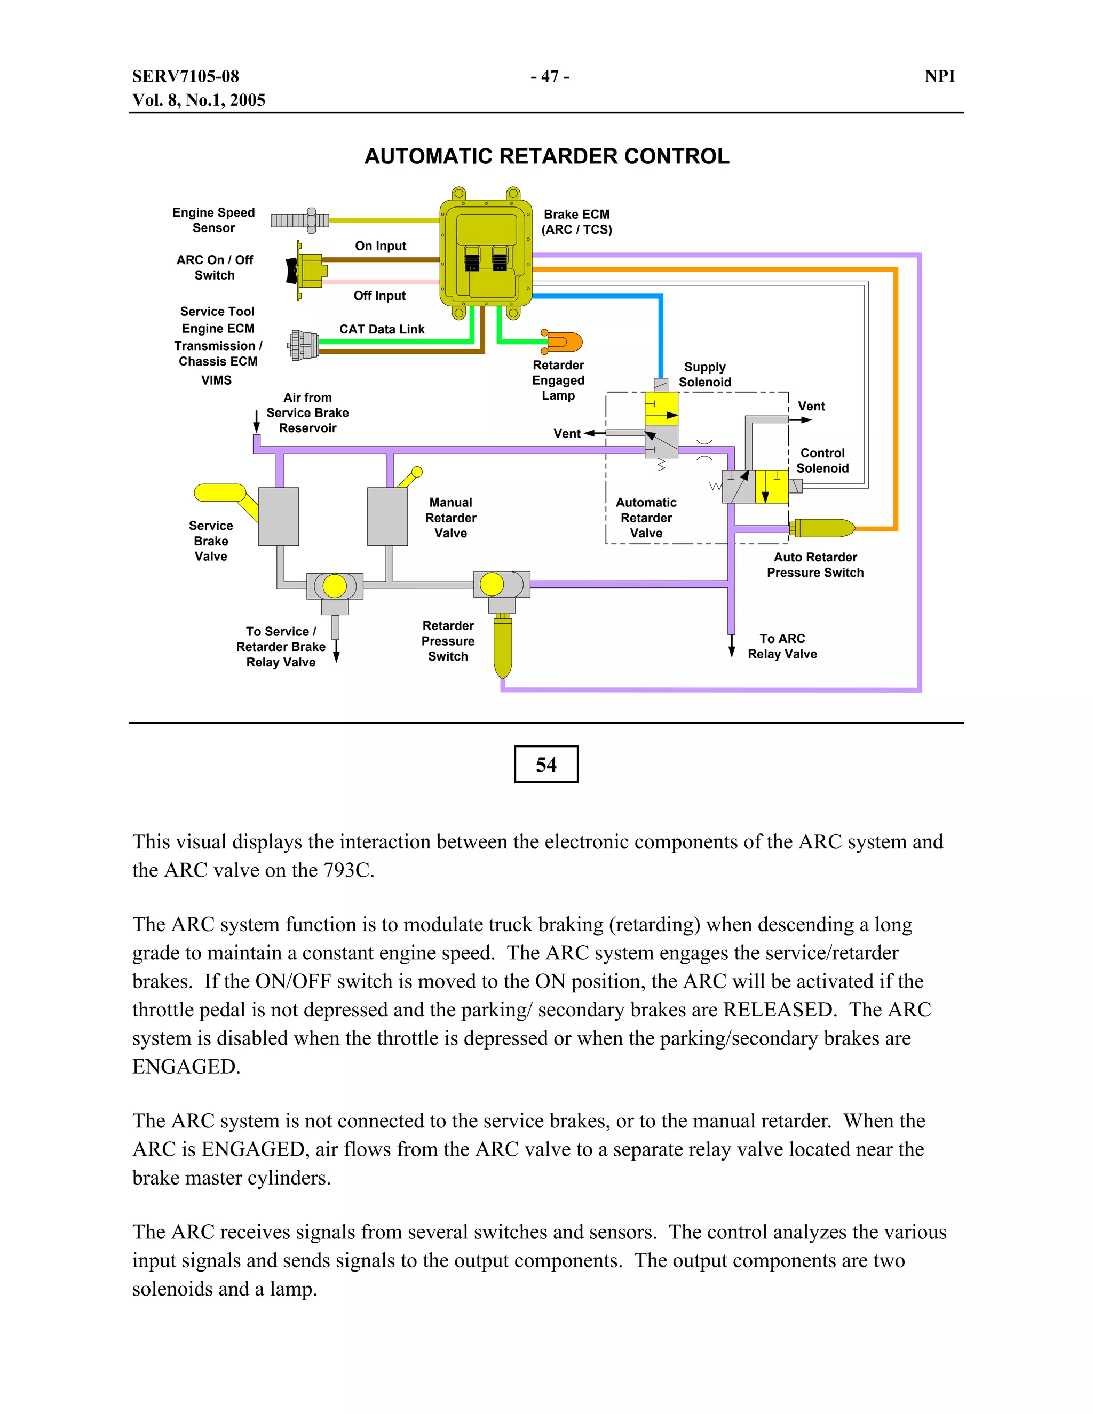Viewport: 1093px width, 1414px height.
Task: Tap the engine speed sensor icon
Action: point(299,220)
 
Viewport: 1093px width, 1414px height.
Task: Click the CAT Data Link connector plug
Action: point(303,345)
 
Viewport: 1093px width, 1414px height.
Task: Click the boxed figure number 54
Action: point(546,765)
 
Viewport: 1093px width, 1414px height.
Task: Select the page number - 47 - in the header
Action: point(549,76)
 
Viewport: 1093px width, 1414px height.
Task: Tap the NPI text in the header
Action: point(939,76)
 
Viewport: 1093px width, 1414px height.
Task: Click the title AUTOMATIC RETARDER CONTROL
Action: point(546,156)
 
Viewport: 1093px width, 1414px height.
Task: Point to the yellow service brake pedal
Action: point(220,494)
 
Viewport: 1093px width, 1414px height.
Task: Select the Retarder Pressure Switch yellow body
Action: point(502,647)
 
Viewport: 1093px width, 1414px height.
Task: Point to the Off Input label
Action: point(379,296)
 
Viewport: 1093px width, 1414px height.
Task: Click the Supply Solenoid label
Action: point(704,374)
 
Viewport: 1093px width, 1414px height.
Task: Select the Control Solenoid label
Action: point(822,460)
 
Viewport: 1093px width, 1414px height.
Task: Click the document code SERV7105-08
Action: point(186,76)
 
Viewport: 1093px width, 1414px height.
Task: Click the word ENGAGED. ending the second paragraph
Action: point(186,1066)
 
